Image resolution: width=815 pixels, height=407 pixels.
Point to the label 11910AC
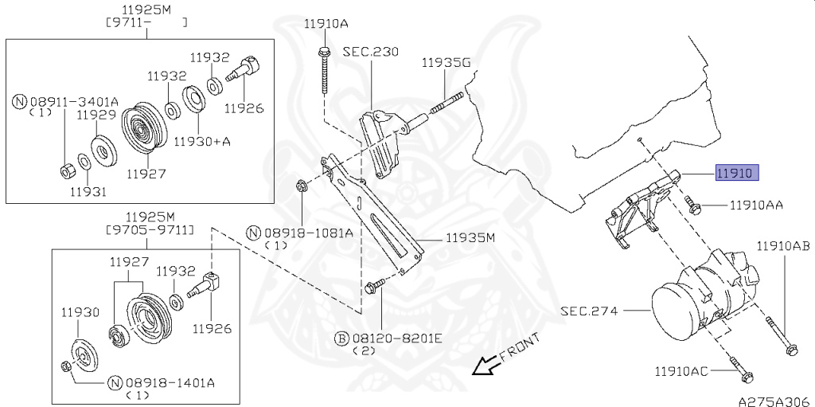pyautogui.click(x=681, y=371)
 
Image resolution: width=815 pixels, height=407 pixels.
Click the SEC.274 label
pyautogui.click(x=590, y=311)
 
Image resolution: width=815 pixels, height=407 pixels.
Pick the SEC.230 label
pyautogui.click(x=371, y=52)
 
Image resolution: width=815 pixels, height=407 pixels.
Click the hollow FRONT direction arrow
pyautogui.click(x=484, y=366)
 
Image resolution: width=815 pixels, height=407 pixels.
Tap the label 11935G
pyautogui.click(x=446, y=63)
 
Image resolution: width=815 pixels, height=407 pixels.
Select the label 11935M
pyautogui.click(x=470, y=238)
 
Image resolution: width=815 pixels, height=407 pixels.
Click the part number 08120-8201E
pyautogui.click(x=396, y=339)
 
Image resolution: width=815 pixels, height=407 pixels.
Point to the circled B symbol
pyautogui.click(x=341, y=339)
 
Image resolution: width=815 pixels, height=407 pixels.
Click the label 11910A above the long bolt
pyautogui.click(x=326, y=23)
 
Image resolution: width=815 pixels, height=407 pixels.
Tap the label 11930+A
pyautogui.click(x=201, y=140)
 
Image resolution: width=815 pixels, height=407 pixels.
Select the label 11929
pyautogui.click(x=96, y=115)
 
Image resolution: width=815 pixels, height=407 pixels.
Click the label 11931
pyautogui.click(x=88, y=191)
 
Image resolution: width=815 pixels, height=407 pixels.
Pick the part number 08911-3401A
pyautogui.click(x=74, y=101)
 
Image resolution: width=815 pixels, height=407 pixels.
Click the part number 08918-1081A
pyautogui.click(x=309, y=233)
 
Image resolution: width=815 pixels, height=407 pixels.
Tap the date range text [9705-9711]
pyautogui.click(x=150, y=229)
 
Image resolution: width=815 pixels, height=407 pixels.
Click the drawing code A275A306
pyautogui.click(x=776, y=401)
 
